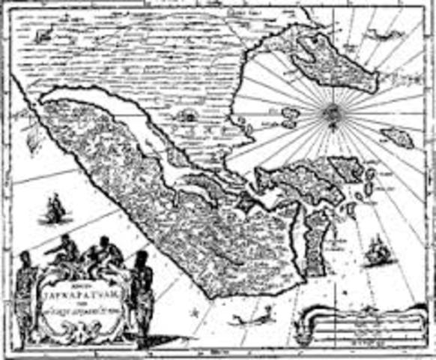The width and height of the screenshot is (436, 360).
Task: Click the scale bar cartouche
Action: [360, 328]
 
